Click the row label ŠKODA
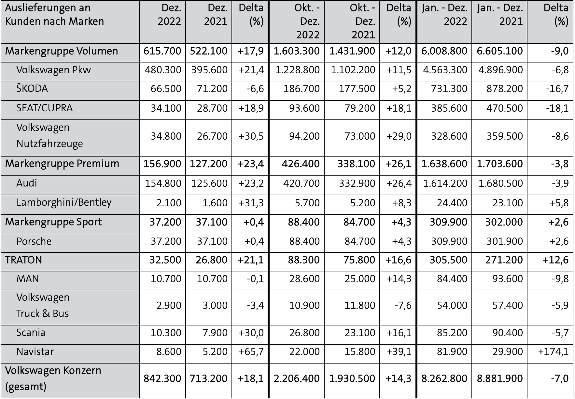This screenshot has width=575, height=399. pos(32,88)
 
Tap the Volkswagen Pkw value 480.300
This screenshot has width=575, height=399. pos(166,70)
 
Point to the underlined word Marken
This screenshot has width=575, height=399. pos(86,21)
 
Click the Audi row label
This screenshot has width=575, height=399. pos(27,183)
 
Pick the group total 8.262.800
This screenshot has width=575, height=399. pos(444,378)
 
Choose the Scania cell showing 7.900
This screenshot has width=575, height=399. pos(212,333)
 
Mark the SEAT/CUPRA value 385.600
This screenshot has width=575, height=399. pos(449,108)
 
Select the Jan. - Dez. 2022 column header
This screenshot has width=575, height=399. pos(444,14)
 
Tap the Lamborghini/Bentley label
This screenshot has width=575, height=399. pos(64,202)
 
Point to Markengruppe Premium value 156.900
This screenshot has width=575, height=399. pos(162,164)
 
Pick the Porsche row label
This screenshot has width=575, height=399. pos(34,241)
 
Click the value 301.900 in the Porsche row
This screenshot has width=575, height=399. pos(505,241)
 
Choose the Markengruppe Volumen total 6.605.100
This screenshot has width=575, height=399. pos(499,51)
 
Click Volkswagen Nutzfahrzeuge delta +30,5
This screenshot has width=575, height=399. pos(251,136)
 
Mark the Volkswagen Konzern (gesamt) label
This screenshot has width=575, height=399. pos(53,378)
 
